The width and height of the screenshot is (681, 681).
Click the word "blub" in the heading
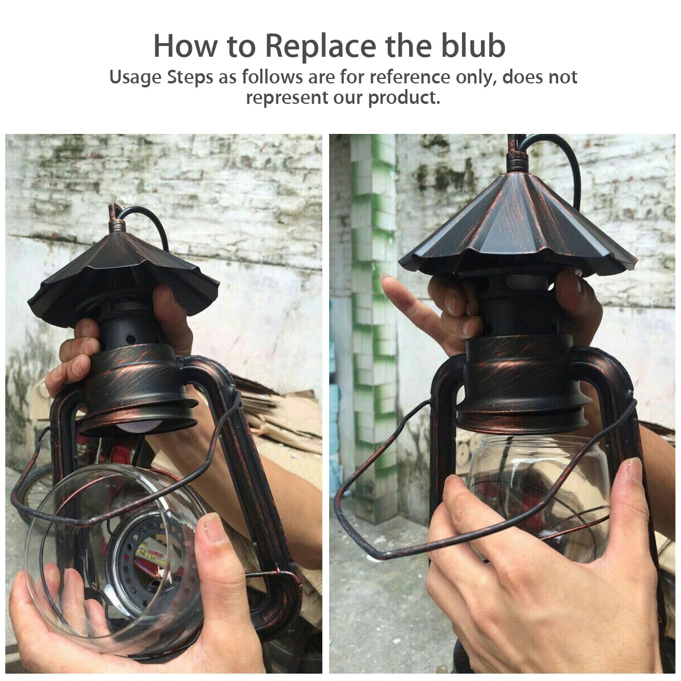(473, 47)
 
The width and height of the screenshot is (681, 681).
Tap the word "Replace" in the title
(320, 47)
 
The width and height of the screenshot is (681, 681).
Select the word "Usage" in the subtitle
(135, 78)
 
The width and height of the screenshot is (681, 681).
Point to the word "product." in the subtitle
(404, 98)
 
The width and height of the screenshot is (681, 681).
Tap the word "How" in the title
(184, 47)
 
